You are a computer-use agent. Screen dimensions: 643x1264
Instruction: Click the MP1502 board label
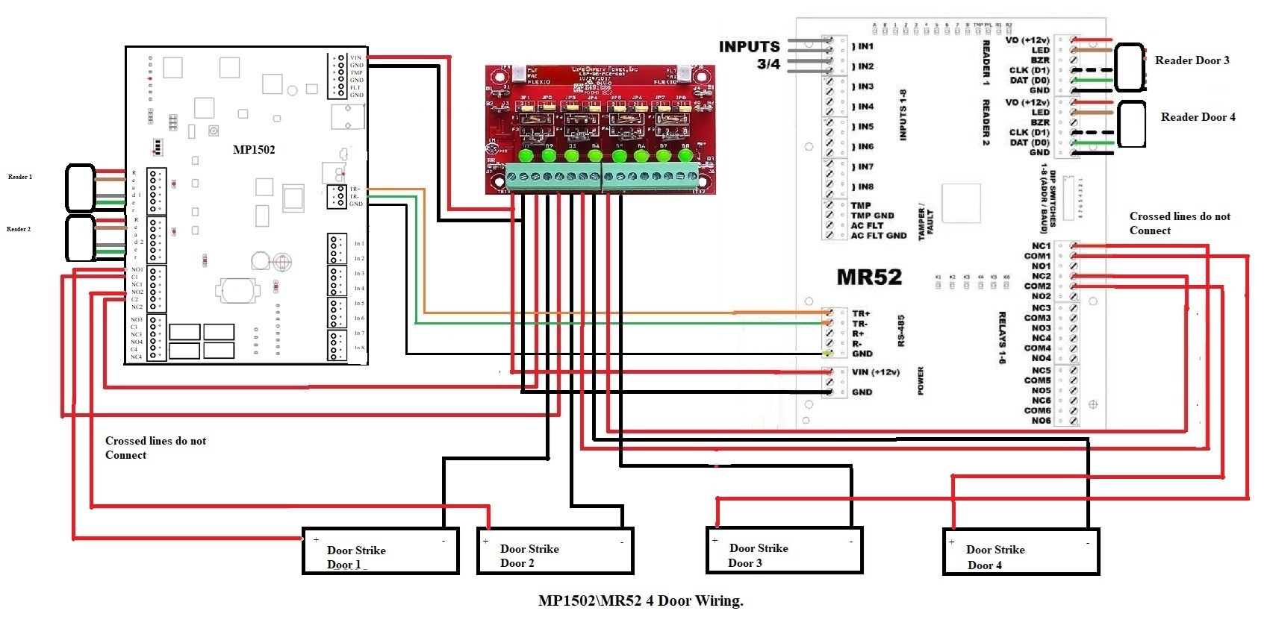pyautogui.click(x=254, y=150)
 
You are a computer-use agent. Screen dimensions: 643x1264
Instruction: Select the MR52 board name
pyautogui.click(x=869, y=277)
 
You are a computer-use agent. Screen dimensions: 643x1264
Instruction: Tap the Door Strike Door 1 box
pyautogui.click(x=380, y=551)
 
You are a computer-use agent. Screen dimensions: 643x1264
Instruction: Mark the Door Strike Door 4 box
pyautogui.click(x=1021, y=551)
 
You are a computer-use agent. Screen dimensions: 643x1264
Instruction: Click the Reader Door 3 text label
pyautogui.click(x=1192, y=60)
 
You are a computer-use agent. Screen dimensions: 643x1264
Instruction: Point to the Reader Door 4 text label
pyautogui.click(x=1198, y=117)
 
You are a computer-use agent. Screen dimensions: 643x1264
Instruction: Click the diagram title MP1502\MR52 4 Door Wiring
pyautogui.click(x=641, y=600)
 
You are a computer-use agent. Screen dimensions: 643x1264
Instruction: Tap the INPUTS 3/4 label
pyautogui.click(x=750, y=55)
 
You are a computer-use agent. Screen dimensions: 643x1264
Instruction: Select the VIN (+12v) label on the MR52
pyautogui.click(x=876, y=372)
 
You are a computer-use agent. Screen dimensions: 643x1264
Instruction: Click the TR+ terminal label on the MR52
pyautogui.click(x=861, y=314)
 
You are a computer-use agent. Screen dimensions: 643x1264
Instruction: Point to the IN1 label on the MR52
pyautogui.click(x=865, y=46)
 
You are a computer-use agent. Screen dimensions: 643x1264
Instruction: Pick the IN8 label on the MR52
pyautogui.click(x=865, y=187)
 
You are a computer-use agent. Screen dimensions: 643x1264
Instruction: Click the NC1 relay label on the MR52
pyautogui.click(x=1041, y=246)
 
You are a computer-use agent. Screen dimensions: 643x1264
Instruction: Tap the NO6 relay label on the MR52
pyautogui.click(x=1041, y=421)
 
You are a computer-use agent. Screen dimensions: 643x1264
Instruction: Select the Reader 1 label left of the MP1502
pyautogui.click(x=20, y=178)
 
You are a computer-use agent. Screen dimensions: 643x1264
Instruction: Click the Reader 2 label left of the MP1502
pyautogui.click(x=19, y=230)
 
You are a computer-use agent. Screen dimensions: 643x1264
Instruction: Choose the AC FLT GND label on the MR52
pyautogui.click(x=879, y=236)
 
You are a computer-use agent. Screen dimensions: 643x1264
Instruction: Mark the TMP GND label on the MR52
pyautogui.click(x=872, y=216)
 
